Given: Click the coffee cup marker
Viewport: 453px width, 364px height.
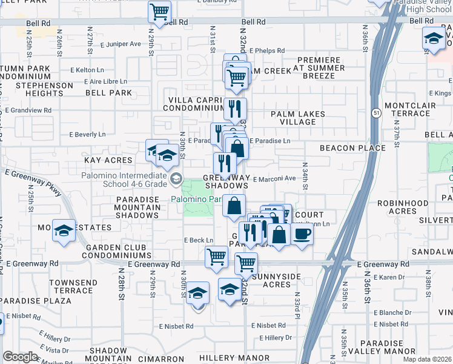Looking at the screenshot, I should pyautogui.click(x=302, y=234).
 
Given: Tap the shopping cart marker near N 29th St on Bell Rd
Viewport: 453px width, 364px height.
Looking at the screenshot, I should pyautogui.click(x=159, y=12).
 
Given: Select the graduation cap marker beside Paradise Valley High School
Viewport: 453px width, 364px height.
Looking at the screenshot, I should pyautogui.click(x=434, y=39).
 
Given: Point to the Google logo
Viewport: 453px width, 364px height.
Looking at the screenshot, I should pyautogui.click(x=20, y=357).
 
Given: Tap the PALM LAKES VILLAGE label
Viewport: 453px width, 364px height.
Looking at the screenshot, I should pyautogui.click(x=297, y=118).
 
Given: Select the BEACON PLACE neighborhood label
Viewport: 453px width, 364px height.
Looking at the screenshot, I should pyautogui.click(x=352, y=148).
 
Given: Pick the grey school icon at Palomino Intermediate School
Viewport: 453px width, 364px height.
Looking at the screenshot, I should pyautogui.click(x=176, y=178).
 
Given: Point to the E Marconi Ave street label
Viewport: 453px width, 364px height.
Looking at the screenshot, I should pyautogui.click(x=274, y=179).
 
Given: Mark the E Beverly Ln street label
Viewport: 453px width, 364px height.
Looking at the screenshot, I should pyautogui.click(x=87, y=134).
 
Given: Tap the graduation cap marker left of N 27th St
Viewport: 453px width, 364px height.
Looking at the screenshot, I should pyautogui.click(x=63, y=232).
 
